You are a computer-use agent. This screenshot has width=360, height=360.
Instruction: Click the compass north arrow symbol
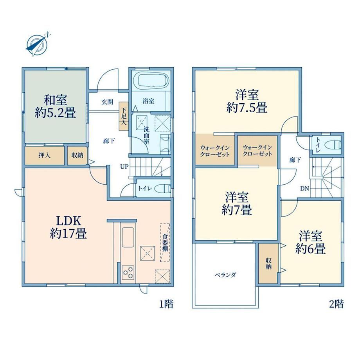(x=37, y=44)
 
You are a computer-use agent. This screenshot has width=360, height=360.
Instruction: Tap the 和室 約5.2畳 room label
(x=55, y=106)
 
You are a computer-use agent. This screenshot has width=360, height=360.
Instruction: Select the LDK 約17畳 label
(x=68, y=227)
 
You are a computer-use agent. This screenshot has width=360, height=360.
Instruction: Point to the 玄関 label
(x=107, y=102)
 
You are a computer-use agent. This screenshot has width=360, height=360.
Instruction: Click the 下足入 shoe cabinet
(x=124, y=116)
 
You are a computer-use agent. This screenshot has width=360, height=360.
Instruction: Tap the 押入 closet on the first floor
(x=45, y=155)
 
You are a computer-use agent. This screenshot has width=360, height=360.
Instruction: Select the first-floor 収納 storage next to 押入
(x=77, y=155)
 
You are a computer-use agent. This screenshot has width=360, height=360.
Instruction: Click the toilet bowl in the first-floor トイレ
(x=162, y=189)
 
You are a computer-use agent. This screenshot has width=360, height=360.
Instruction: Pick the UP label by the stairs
(x=124, y=167)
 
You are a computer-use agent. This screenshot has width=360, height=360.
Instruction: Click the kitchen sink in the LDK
(x=128, y=237)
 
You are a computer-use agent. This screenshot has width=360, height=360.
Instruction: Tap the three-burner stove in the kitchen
(x=128, y=272)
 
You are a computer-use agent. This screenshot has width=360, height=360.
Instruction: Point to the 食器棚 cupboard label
(x=165, y=243)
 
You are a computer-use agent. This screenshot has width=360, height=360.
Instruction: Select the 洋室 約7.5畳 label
(x=247, y=101)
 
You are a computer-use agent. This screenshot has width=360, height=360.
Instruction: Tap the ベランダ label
(x=225, y=275)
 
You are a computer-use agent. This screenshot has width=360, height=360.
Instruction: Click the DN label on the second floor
(x=305, y=189)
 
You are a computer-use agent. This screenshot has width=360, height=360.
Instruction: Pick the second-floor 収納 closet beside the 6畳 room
(x=268, y=263)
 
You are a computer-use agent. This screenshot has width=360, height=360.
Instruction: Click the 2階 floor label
(x=337, y=304)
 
